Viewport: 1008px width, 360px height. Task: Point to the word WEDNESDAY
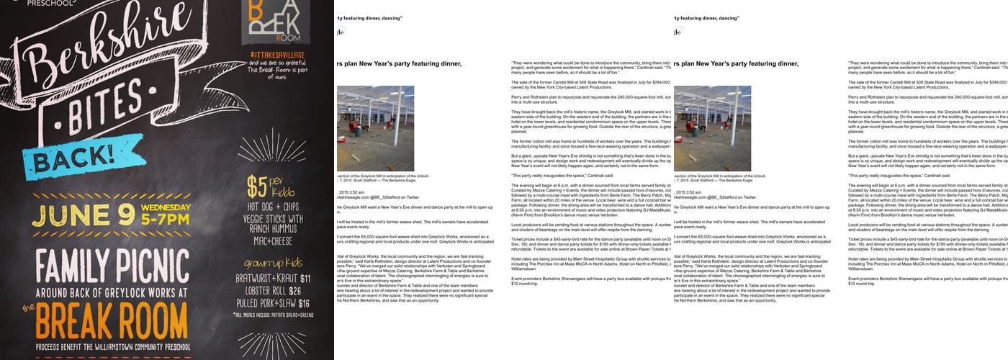(166, 208)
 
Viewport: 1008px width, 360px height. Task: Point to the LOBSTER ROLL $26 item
(274, 291)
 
